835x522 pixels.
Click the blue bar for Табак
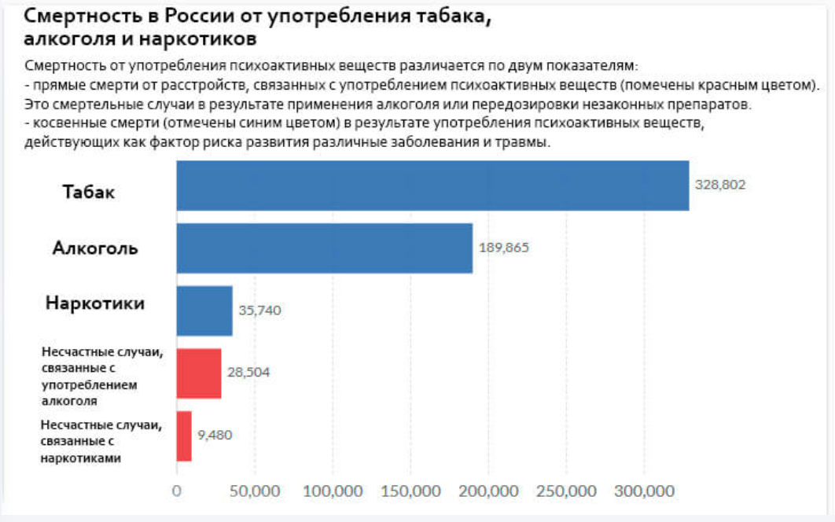coord(432,186)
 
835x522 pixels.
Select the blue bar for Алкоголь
coord(324,248)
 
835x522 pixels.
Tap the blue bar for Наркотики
coord(204,311)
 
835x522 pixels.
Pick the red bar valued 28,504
coord(199,373)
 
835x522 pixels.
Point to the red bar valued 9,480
coord(184,436)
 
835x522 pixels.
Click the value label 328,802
coord(720,185)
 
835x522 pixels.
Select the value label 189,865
coord(504,248)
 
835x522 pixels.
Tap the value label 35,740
coord(259,311)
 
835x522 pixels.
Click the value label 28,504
coord(248,373)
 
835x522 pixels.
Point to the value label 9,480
coord(215,436)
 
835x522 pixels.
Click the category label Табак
coord(89,192)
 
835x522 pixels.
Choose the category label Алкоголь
coord(95,248)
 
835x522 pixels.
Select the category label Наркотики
coord(95,303)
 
